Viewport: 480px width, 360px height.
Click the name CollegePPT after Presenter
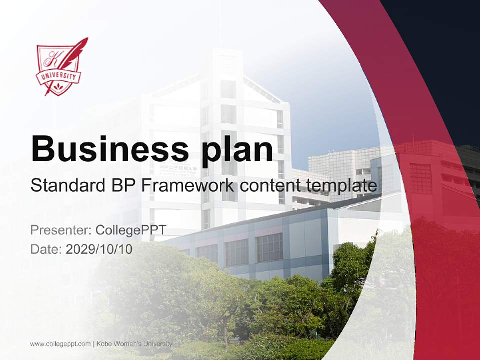(130, 230)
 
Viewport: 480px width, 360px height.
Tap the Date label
(46, 249)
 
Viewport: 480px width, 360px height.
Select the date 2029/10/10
(99, 249)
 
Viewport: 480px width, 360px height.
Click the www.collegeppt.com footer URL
(60, 344)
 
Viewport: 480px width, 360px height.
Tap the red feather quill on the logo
(77, 52)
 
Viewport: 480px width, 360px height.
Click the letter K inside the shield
(51, 60)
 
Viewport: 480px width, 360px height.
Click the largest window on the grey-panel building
(269, 247)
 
